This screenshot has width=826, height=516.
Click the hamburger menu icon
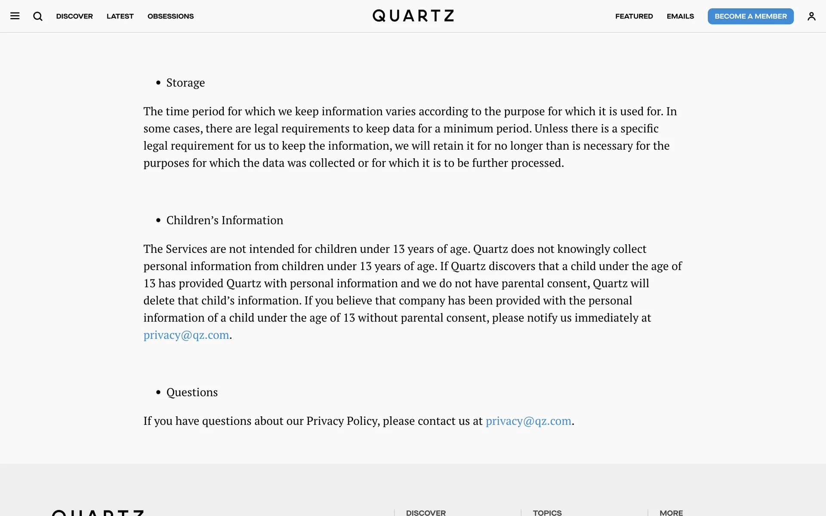pyautogui.click(x=15, y=16)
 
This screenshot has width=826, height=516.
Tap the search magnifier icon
pyautogui.click(x=38, y=16)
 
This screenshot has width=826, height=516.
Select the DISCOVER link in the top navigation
pyautogui.click(x=74, y=16)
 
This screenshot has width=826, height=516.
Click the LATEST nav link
pyautogui.click(x=120, y=16)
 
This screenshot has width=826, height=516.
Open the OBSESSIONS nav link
pyautogui.click(x=170, y=16)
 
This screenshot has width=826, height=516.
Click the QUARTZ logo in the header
pyautogui.click(x=413, y=16)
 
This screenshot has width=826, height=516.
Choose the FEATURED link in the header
pyautogui.click(x=634, y=16)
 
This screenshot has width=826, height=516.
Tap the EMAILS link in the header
pyautogui.click(x=680, y=16)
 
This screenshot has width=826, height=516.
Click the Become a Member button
pyautogui.click(x=750, y=16)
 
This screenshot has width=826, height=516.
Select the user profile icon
pyautogui.click(x=811, y=16)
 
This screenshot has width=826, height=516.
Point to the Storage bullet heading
pyautogui.click(x=185, y=83)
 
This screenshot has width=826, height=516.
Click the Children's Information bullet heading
pyautogui.click(x=225, y=220)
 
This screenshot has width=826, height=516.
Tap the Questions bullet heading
pyautogui.click(x=192, y=392)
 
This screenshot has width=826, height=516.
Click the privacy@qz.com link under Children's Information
pyautogui.click(x=186, y=335)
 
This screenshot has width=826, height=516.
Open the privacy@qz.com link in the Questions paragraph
pyautogui.click(x=528, y=421)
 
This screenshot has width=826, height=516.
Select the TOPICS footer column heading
pyautogui.click(x=547, y=513)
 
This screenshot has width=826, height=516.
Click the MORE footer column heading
pyautogui.click(x=671, y=513)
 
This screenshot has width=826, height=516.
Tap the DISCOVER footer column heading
pyautogui.click(x=425, y=513)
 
